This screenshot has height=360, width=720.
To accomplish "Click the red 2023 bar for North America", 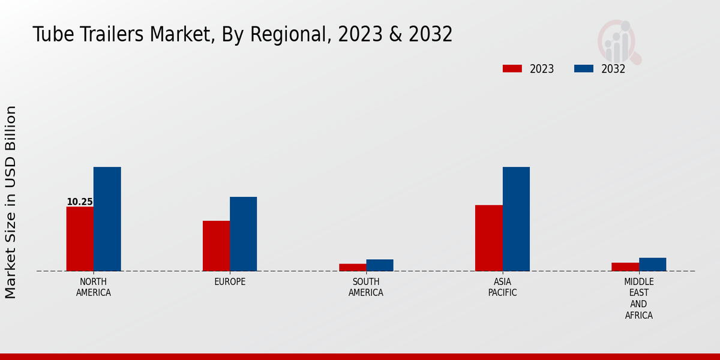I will coord(80,239).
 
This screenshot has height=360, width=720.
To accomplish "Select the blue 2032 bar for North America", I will coord(107,219).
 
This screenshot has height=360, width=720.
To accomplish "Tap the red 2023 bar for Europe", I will coord(216,246).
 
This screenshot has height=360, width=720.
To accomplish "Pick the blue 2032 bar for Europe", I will coord(244,234).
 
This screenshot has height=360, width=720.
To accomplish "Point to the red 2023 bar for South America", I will coord(352,268).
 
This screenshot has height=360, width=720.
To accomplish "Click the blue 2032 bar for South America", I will coord(380,265).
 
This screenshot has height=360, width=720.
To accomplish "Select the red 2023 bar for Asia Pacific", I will coord(488,238).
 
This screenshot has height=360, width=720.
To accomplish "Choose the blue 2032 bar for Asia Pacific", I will coord(516,219).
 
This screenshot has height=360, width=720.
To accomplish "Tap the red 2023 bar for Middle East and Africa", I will coord(625,267).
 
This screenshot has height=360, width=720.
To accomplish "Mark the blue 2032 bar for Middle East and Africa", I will coord(653,265).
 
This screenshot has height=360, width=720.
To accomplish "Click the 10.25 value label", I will coord(79,202).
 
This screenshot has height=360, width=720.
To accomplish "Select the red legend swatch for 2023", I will coord(512,68).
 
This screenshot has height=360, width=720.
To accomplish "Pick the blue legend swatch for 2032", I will coord(583,68).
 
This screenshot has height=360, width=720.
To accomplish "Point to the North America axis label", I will coord(94,287).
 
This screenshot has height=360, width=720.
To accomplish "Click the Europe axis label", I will coord(230,282).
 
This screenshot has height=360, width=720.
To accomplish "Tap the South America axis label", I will coord(366,287).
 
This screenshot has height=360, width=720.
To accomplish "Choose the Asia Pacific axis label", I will coord(502,287).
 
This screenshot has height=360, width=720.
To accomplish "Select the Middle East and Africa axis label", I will coord(639,298).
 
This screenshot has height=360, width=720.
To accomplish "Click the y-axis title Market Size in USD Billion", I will coord(11,202).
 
